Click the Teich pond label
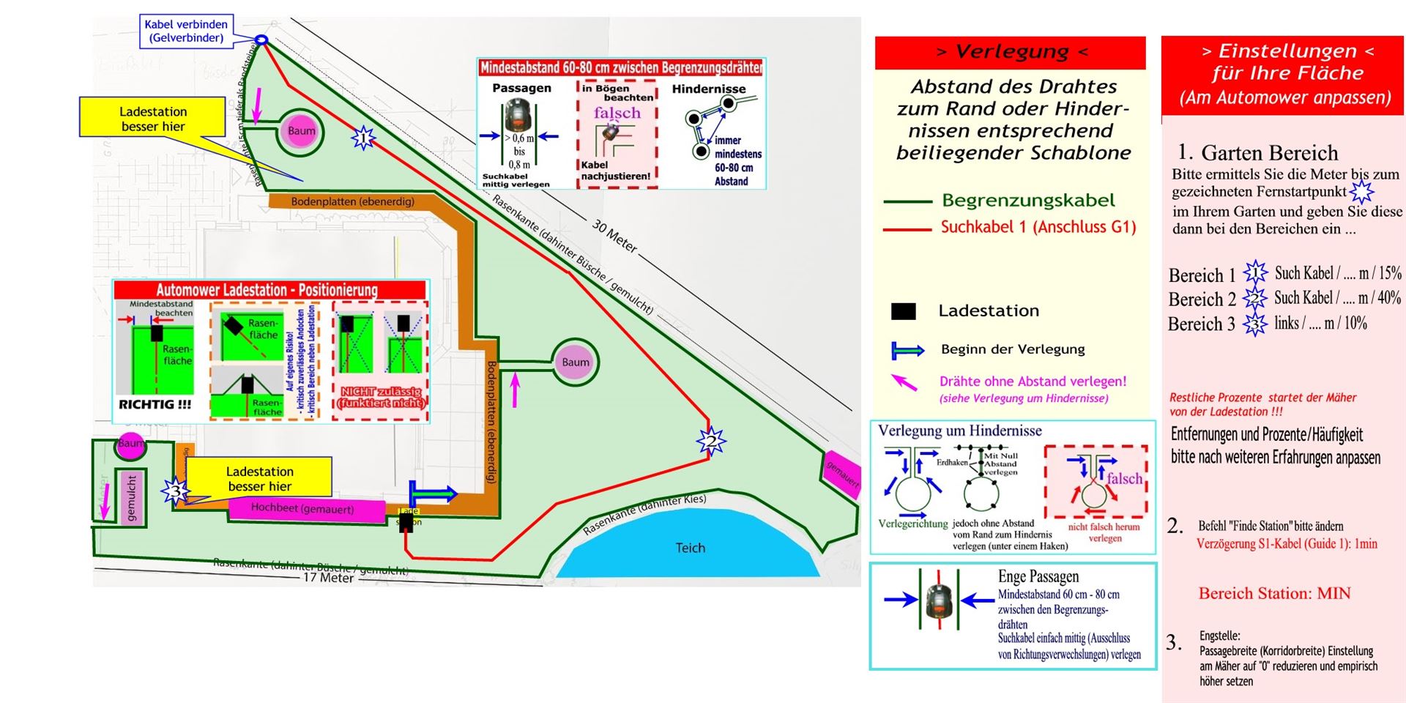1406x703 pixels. (690, 548)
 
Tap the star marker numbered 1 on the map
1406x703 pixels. (362, 137)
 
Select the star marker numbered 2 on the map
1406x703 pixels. (710, 441)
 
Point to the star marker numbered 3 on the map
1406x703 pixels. (175, 490)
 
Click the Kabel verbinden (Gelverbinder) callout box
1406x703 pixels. (186, 31)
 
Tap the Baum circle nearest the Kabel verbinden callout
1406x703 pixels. (301, 132)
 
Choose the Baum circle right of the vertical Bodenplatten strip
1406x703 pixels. (576, 362)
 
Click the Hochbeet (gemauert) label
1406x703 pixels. (302, 508)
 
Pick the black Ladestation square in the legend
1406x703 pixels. (903, 311)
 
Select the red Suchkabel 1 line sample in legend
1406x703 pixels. (907, 229)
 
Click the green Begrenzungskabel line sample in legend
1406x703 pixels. (907, 201)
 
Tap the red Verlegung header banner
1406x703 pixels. (1011, 52)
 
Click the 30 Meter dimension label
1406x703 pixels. (614, 237)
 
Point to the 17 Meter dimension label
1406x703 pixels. (329, 578)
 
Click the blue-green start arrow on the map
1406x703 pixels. (432, 494)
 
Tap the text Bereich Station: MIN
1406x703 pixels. (1274, 593)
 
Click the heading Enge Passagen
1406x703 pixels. (1038, 576)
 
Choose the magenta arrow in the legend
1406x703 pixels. (905, 382)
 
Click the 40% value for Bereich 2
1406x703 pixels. (1388, 298)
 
